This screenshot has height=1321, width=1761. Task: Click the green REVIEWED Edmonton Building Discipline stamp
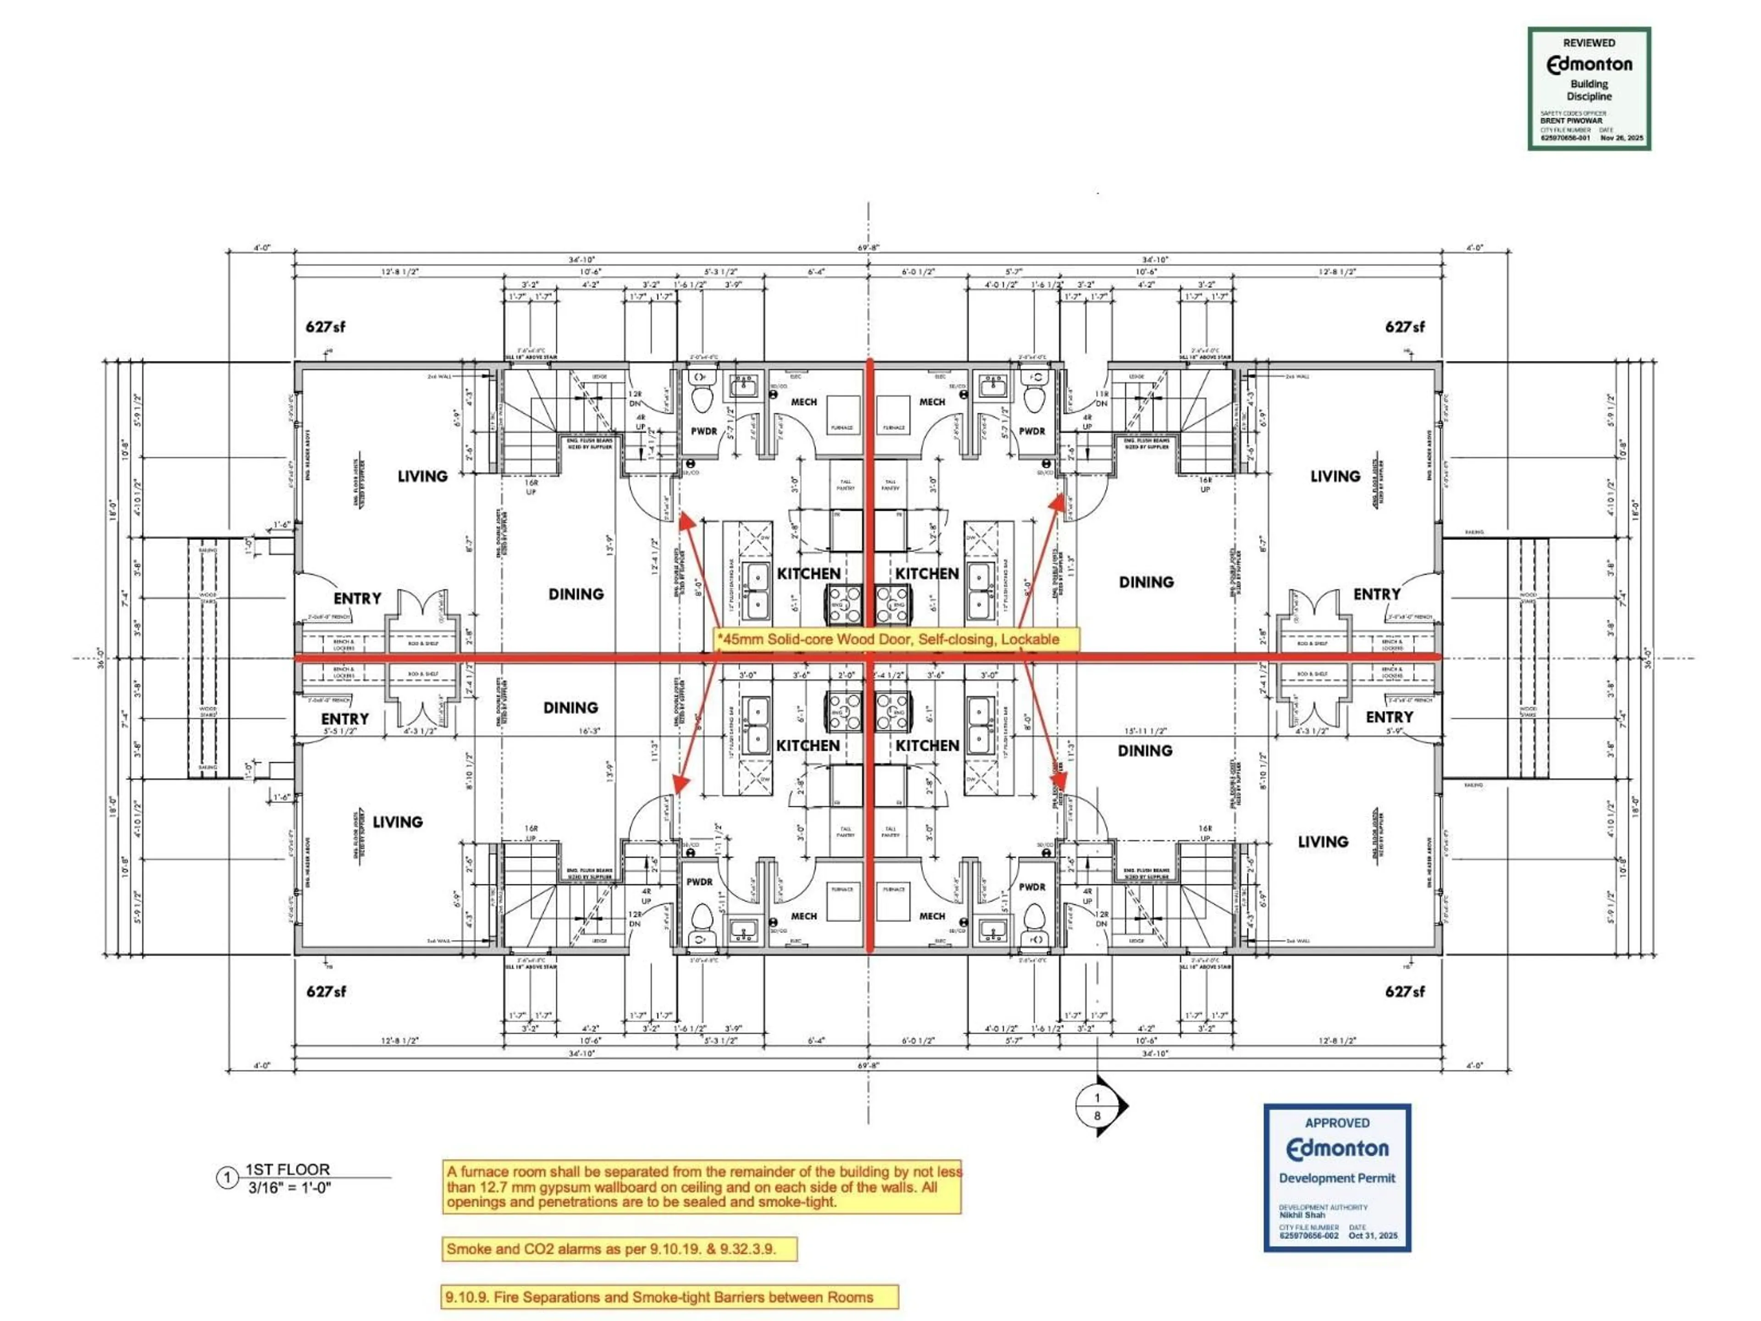tap(1588, 89)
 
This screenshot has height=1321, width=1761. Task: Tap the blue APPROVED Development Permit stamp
tap(1337, 1177)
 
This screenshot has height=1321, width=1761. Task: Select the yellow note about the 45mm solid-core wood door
tap(897, 638)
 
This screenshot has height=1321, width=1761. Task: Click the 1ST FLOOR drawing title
tap(287, 1169)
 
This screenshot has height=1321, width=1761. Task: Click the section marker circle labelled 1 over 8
tap(1097, 1106)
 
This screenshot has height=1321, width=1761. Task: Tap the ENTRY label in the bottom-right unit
tap(1389, 716)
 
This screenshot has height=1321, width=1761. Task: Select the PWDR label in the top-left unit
tap(704, 431)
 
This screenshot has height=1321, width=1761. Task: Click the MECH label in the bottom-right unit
tap(932, 916)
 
